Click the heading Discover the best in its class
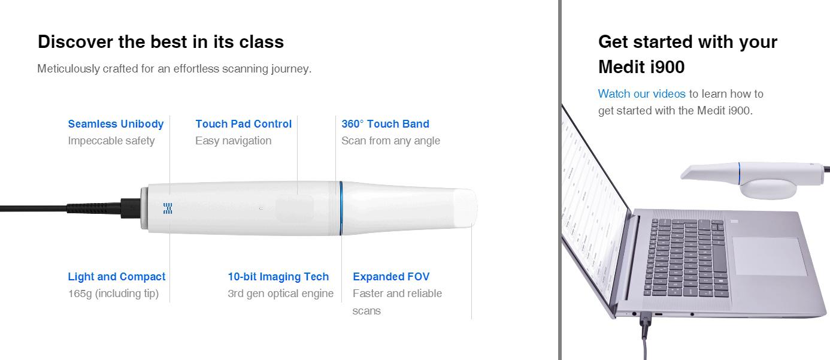click(161, 41)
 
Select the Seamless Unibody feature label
click(116, 124)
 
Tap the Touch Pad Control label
click(244, 124)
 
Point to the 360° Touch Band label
click(386, 124)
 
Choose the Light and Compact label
click(116, 277)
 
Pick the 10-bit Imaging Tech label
click(278, 277)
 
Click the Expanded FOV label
click(391, 277)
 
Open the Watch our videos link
click(642, 94)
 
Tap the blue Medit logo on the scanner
click(168, 208)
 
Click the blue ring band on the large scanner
click(341, 208)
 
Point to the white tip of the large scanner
click(465, 208)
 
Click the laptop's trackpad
click(770, 256)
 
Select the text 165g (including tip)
click(113, 294)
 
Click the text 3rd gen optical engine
click(280, 294)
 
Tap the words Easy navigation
click(234, 141)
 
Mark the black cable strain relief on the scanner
click(94, 208)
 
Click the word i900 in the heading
click(667, 67)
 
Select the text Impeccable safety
click(111, 141)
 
